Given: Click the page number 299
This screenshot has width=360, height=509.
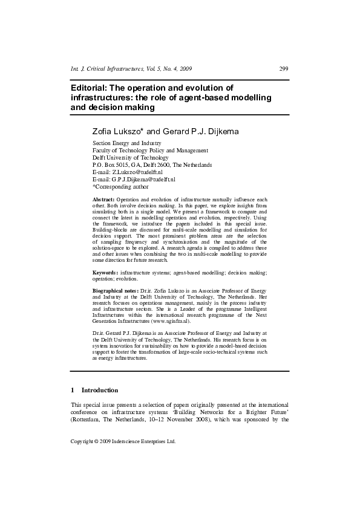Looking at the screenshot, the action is pyautogui.click(x=283, y=69).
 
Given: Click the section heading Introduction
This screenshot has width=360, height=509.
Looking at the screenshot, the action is pyautogui.click(x=100, y=390).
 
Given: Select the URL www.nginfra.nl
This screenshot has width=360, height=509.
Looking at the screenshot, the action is pyautogui.click(x=188, y=322).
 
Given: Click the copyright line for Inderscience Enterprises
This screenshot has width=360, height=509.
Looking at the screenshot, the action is pyautogui.click(x=131, y=442).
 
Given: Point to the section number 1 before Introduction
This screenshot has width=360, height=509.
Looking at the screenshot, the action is pyautogui.click(x=73, y=390).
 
